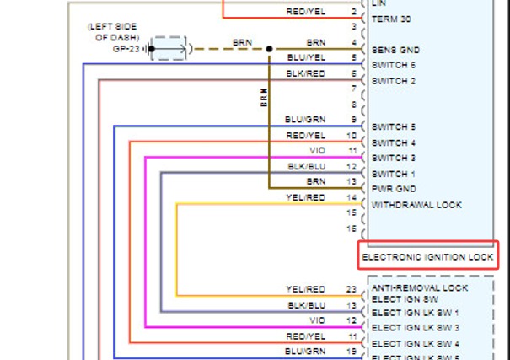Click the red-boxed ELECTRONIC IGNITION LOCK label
[x=427, y=257]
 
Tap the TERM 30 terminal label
[x=391, y=19]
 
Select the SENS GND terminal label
[x=395, y=50]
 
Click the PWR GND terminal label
[x=394, y=189]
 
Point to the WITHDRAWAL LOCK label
[x=416, y=205]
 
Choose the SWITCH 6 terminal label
[x=394, y=65]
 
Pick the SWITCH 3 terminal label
[x=394, y=158]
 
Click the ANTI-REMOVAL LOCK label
[x=420, y=287]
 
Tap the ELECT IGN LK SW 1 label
[x=415, y=313]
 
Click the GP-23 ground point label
[x=126, y=49]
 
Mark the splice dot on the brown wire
[x=269, y=49]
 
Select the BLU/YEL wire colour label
[x=306, y=57]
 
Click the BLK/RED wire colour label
[x=306, y=74]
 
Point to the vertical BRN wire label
[x=264, y=98]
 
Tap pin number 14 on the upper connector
[x=352, y=197]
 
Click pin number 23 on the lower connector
[x=352, y=289]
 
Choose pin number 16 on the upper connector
[x=352, y=228]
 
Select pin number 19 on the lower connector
[x=352, y=352]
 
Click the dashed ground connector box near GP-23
[x=169, y=48]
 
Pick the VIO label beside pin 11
[x=318, y=151]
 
